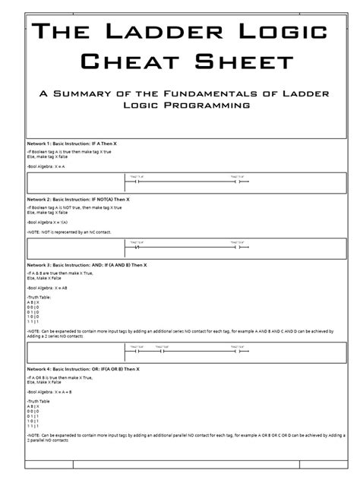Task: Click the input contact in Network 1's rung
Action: [138, 181]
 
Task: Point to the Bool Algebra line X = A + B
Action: [52, 392]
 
